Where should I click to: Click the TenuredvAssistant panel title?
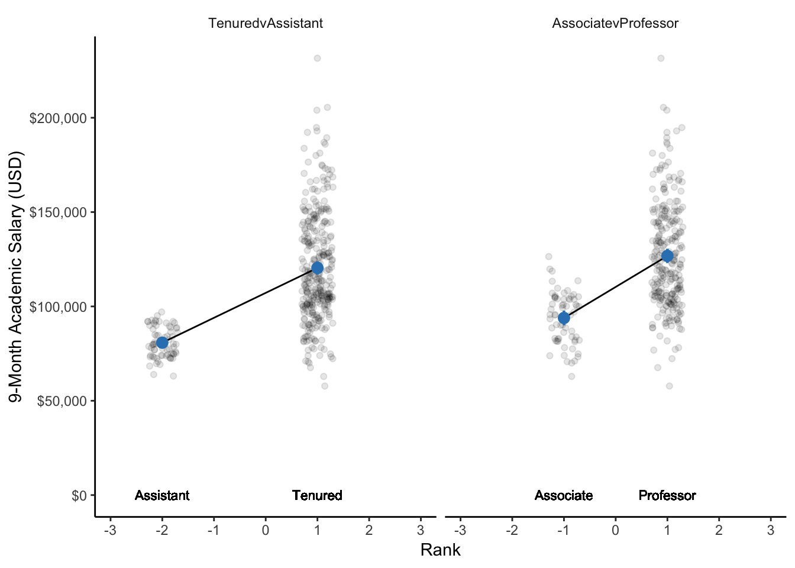point(266,23)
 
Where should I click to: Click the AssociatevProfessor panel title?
point(615,23)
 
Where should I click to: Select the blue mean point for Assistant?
point(162,343)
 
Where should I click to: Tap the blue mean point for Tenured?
point(317,268)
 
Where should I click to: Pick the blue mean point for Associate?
point(564,318)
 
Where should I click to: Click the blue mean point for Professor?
point(667,256)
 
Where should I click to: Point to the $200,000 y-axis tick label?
point(58,118)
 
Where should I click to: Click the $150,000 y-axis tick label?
point(58,212)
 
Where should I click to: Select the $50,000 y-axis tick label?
point(62,401)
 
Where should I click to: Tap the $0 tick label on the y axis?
point(79,495)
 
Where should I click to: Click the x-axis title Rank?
point(440,550)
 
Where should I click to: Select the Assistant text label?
point(162,495)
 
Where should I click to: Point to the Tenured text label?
point(317,495)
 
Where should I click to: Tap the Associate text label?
point(564,495)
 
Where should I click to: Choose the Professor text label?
point(667,495)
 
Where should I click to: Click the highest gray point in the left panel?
point(317,58)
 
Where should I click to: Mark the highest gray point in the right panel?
point(661,58)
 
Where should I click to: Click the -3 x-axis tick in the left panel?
point(110,530)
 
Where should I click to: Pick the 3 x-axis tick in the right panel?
point(771,530)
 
